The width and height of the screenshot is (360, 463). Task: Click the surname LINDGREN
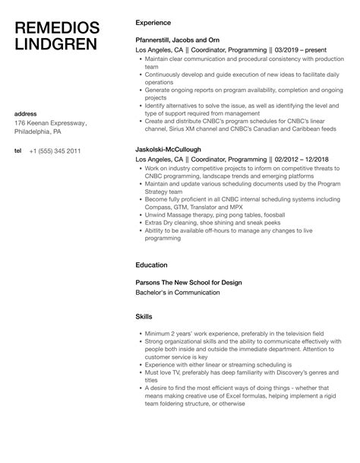(56, 45)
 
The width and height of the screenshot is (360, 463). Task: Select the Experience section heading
(153, 23)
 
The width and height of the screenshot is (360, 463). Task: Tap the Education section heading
(153, 265)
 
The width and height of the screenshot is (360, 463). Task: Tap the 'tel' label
(18, 151)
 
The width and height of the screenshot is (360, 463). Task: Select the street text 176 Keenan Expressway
(52, 124)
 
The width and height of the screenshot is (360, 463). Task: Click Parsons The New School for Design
(188, 282)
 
